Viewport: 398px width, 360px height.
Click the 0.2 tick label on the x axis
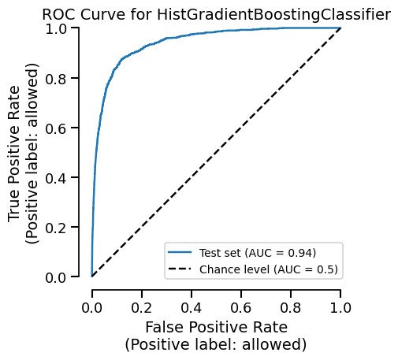(x=142, y=306)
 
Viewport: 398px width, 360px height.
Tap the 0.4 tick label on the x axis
(x=192, y=306)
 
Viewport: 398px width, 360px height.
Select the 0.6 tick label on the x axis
(x=241, y=306)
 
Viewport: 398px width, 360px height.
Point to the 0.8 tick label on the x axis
(x=291, y=306)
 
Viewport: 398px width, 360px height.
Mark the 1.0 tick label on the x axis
(x=340, y=306)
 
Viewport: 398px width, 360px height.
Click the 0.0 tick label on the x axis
(x=92, y=306)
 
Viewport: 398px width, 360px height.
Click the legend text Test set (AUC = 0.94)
(x=258, y=253)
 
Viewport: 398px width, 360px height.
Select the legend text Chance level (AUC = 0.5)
(x=269, y=269)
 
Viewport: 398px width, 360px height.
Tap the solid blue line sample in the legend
(x=180, y=253)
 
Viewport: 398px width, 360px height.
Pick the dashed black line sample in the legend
(x=180, y=269)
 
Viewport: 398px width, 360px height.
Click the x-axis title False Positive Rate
(x=215, y=327)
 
